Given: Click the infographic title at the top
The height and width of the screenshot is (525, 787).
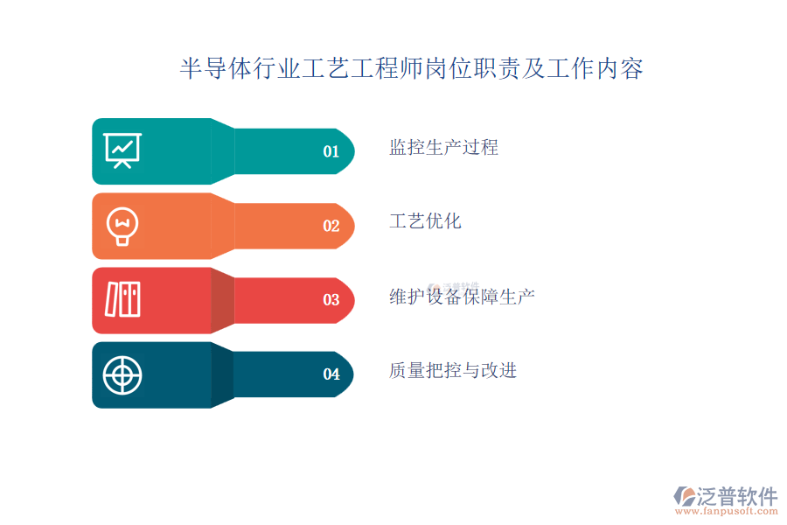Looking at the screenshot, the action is pos(411,68).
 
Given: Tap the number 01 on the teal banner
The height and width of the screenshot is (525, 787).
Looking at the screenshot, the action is pos(331,151).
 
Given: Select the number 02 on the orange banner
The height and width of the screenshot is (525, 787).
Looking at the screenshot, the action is pos(331,226).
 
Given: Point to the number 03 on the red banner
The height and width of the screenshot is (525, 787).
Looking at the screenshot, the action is pos(331,300).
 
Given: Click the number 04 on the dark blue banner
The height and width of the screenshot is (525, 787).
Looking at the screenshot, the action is pos(331,374).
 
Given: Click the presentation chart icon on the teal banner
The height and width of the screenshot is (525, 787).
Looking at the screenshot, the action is pos(122,150).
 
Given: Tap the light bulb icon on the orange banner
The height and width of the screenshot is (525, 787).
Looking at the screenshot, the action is pos(122,226).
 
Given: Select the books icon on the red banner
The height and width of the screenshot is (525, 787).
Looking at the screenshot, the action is pos(122,299).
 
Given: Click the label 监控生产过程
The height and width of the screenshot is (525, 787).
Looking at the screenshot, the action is pos(443,148).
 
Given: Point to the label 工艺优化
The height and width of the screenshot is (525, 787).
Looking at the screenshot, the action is pos(425,221).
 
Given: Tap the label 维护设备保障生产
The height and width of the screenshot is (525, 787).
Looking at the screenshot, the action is pos(462,297).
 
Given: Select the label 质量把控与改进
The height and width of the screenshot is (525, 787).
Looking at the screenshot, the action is pos(453,371).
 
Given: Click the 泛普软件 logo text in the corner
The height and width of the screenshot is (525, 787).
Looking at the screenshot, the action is pos(737,496).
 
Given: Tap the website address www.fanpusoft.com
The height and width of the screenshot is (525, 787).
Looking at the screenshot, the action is pos(727,511).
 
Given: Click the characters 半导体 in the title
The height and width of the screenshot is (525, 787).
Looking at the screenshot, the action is pos(216,68).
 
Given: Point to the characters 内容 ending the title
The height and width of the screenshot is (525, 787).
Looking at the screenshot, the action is pos(619,68).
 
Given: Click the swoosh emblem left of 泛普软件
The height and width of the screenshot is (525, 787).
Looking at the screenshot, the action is pos(685,496).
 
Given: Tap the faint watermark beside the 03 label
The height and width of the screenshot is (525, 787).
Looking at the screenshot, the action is pos(453,287).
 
